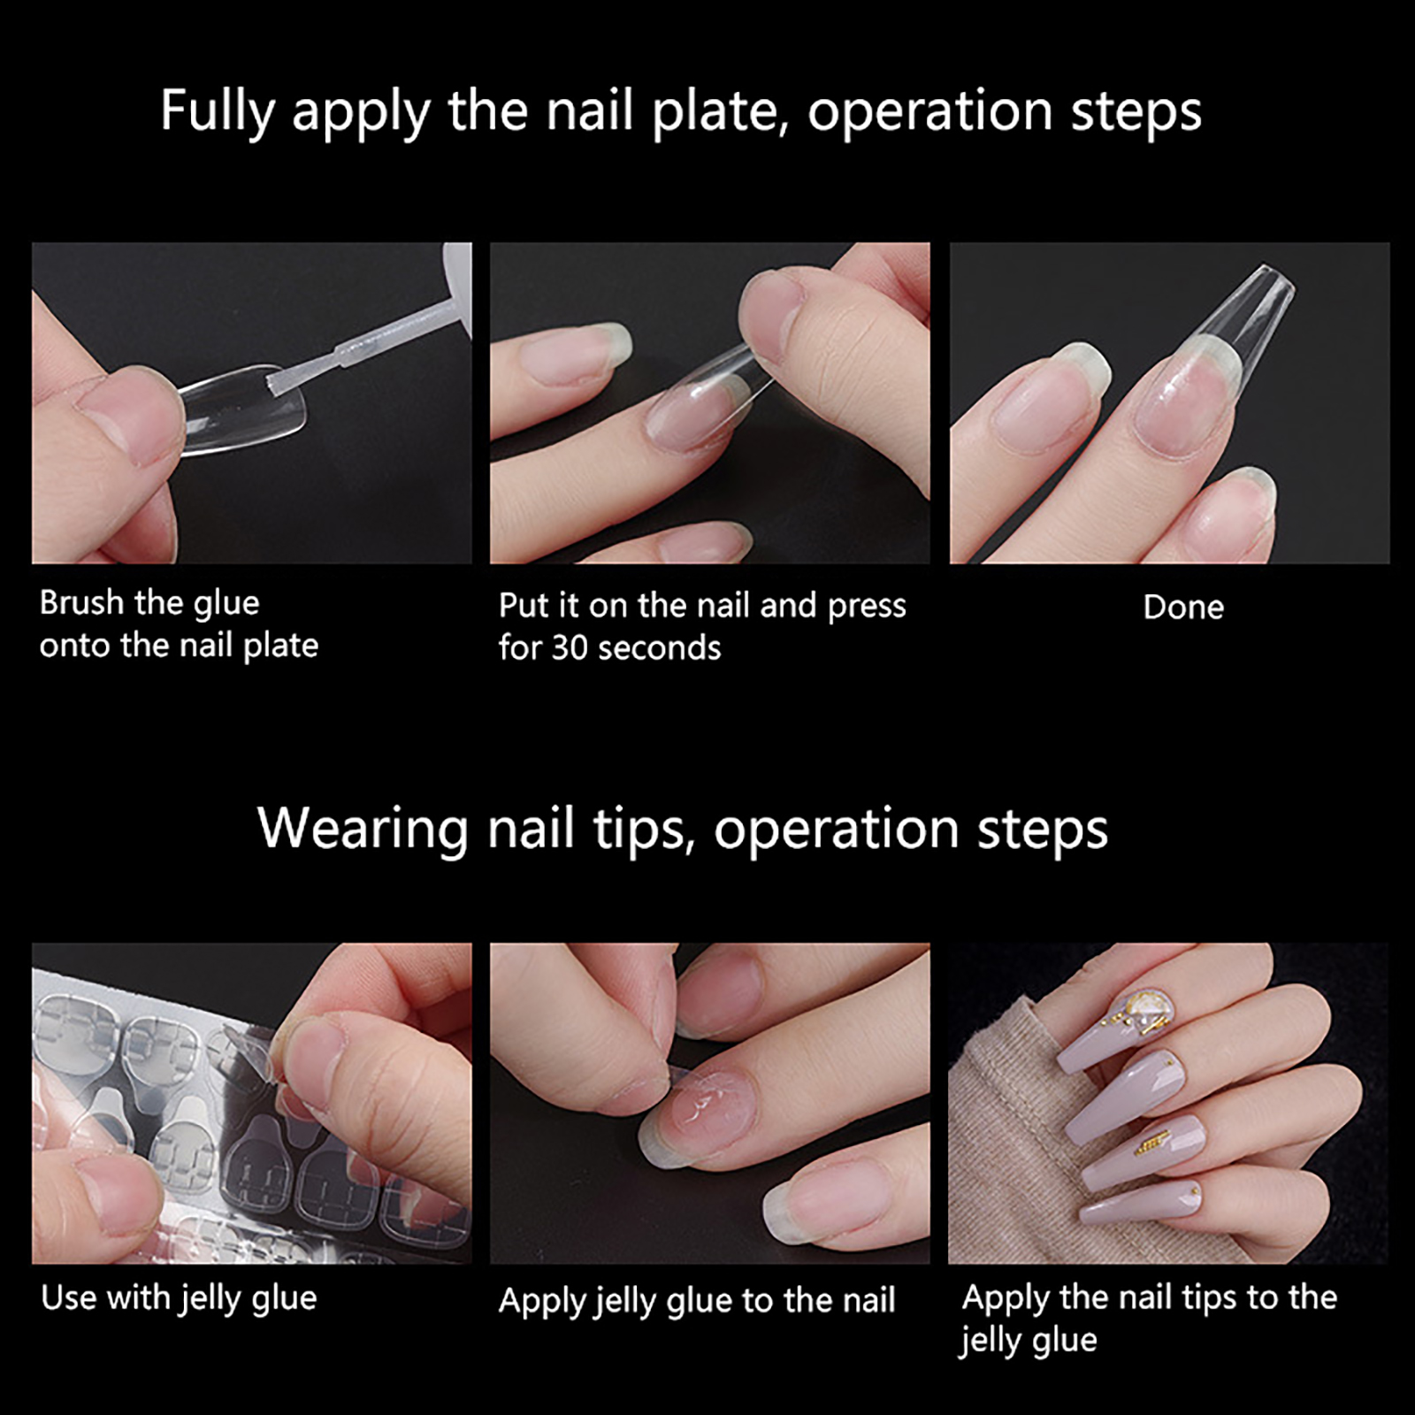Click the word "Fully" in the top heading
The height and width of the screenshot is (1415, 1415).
pos(218,112)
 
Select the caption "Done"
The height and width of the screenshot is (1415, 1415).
pos(1183,608)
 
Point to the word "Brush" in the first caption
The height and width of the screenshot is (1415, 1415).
pos(81,603)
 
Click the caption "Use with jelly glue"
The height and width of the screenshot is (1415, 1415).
pos(179,1298)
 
